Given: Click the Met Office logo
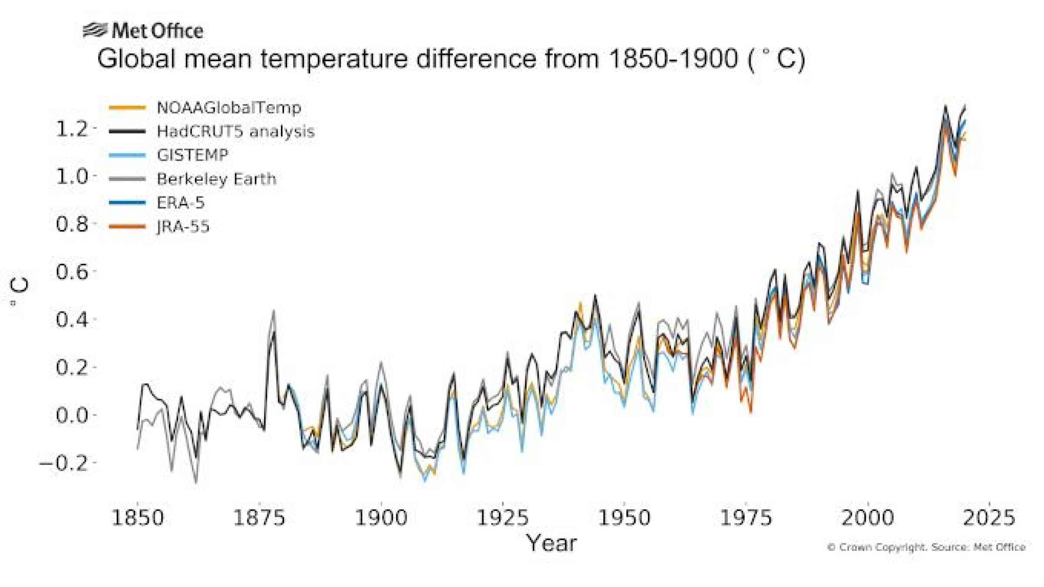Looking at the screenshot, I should [x=143, y=31].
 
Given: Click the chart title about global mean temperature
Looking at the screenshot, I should [x=451, y=59].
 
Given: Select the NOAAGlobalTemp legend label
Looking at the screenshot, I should [x=229, y=107].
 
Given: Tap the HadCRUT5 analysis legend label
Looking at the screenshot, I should [x=235, y=131].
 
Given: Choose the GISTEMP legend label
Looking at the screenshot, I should [x=192, y=155].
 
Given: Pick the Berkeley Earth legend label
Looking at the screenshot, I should [x=216, y=179].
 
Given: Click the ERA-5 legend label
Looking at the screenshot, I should [x=181, y=203].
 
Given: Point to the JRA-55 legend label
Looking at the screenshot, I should [x=183, y=227].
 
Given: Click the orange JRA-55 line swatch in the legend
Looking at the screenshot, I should [x=127, y=227].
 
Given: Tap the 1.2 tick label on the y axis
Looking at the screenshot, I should [x=72, y=129].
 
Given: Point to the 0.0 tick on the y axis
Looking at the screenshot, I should [x=72, y=415].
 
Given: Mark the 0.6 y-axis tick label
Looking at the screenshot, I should [x=72, y=272].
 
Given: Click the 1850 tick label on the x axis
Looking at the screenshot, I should [x=137, y=518].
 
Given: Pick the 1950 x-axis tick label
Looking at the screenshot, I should [x=624, y=518].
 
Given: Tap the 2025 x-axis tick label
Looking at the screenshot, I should [x=989, y=518].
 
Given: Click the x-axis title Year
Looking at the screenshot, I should [x=551, y=543].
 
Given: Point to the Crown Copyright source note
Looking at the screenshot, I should [x=926, y=547].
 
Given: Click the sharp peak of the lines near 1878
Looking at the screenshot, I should [x=273, y=311].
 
